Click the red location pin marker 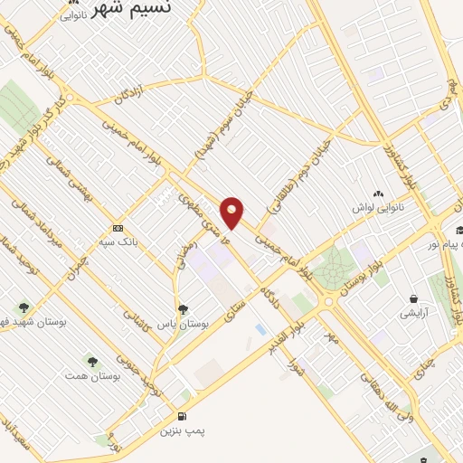(233, 213)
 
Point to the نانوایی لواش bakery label (377, 207)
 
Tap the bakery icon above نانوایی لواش (378, 194)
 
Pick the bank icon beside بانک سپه (118, 228)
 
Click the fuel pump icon (184, 417)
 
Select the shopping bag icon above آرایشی (414, 299)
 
